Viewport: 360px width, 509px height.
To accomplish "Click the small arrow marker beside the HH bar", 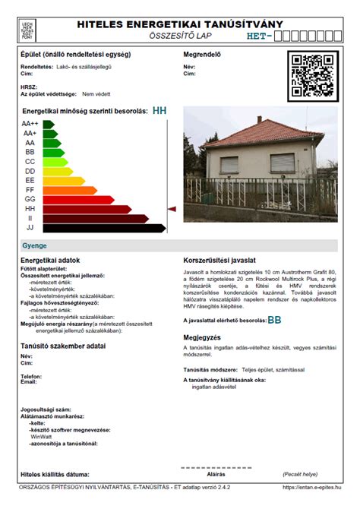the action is tap(172, 208).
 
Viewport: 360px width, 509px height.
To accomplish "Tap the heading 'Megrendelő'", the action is tap(202, 55).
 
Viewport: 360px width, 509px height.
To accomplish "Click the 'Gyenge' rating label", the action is tap(34, 245).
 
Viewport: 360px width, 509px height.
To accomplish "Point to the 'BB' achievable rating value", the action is tap(274, 321).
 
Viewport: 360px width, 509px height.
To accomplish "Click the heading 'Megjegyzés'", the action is tap(202, 337).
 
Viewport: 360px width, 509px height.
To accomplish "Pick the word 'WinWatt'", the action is tap(41, 437).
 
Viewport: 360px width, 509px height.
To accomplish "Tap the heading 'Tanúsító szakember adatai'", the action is tap(63, 346).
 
